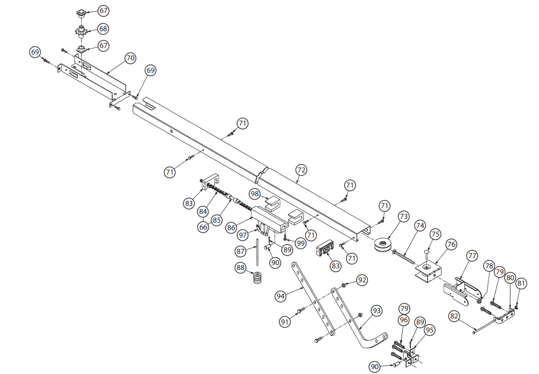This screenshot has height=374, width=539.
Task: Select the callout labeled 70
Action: (x=130, y=58)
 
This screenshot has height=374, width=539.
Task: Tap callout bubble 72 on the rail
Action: (x=301, y=170)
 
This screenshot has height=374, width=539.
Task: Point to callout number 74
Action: (x=420, y=225)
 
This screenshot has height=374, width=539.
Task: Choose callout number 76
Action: (x=451, y=244)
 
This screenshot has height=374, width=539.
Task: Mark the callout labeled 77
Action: (x=472, y=255)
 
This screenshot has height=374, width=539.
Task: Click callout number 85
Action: (x=217, y=219)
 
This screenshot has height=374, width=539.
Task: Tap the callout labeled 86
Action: (x=232, y=228)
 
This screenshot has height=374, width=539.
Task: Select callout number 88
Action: (x=240, y=267)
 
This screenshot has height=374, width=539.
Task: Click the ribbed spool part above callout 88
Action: (x=258, y=280)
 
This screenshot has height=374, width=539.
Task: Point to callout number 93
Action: (x=377, y=310)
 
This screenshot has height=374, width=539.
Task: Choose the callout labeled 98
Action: (x=254, y=193)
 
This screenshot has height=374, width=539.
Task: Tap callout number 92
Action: (x=362, y=280)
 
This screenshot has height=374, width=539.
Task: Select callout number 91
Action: (x=285, y=322)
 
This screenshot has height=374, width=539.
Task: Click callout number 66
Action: (x=203, y=227)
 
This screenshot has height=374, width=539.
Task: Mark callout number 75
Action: (x=436, y=234)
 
